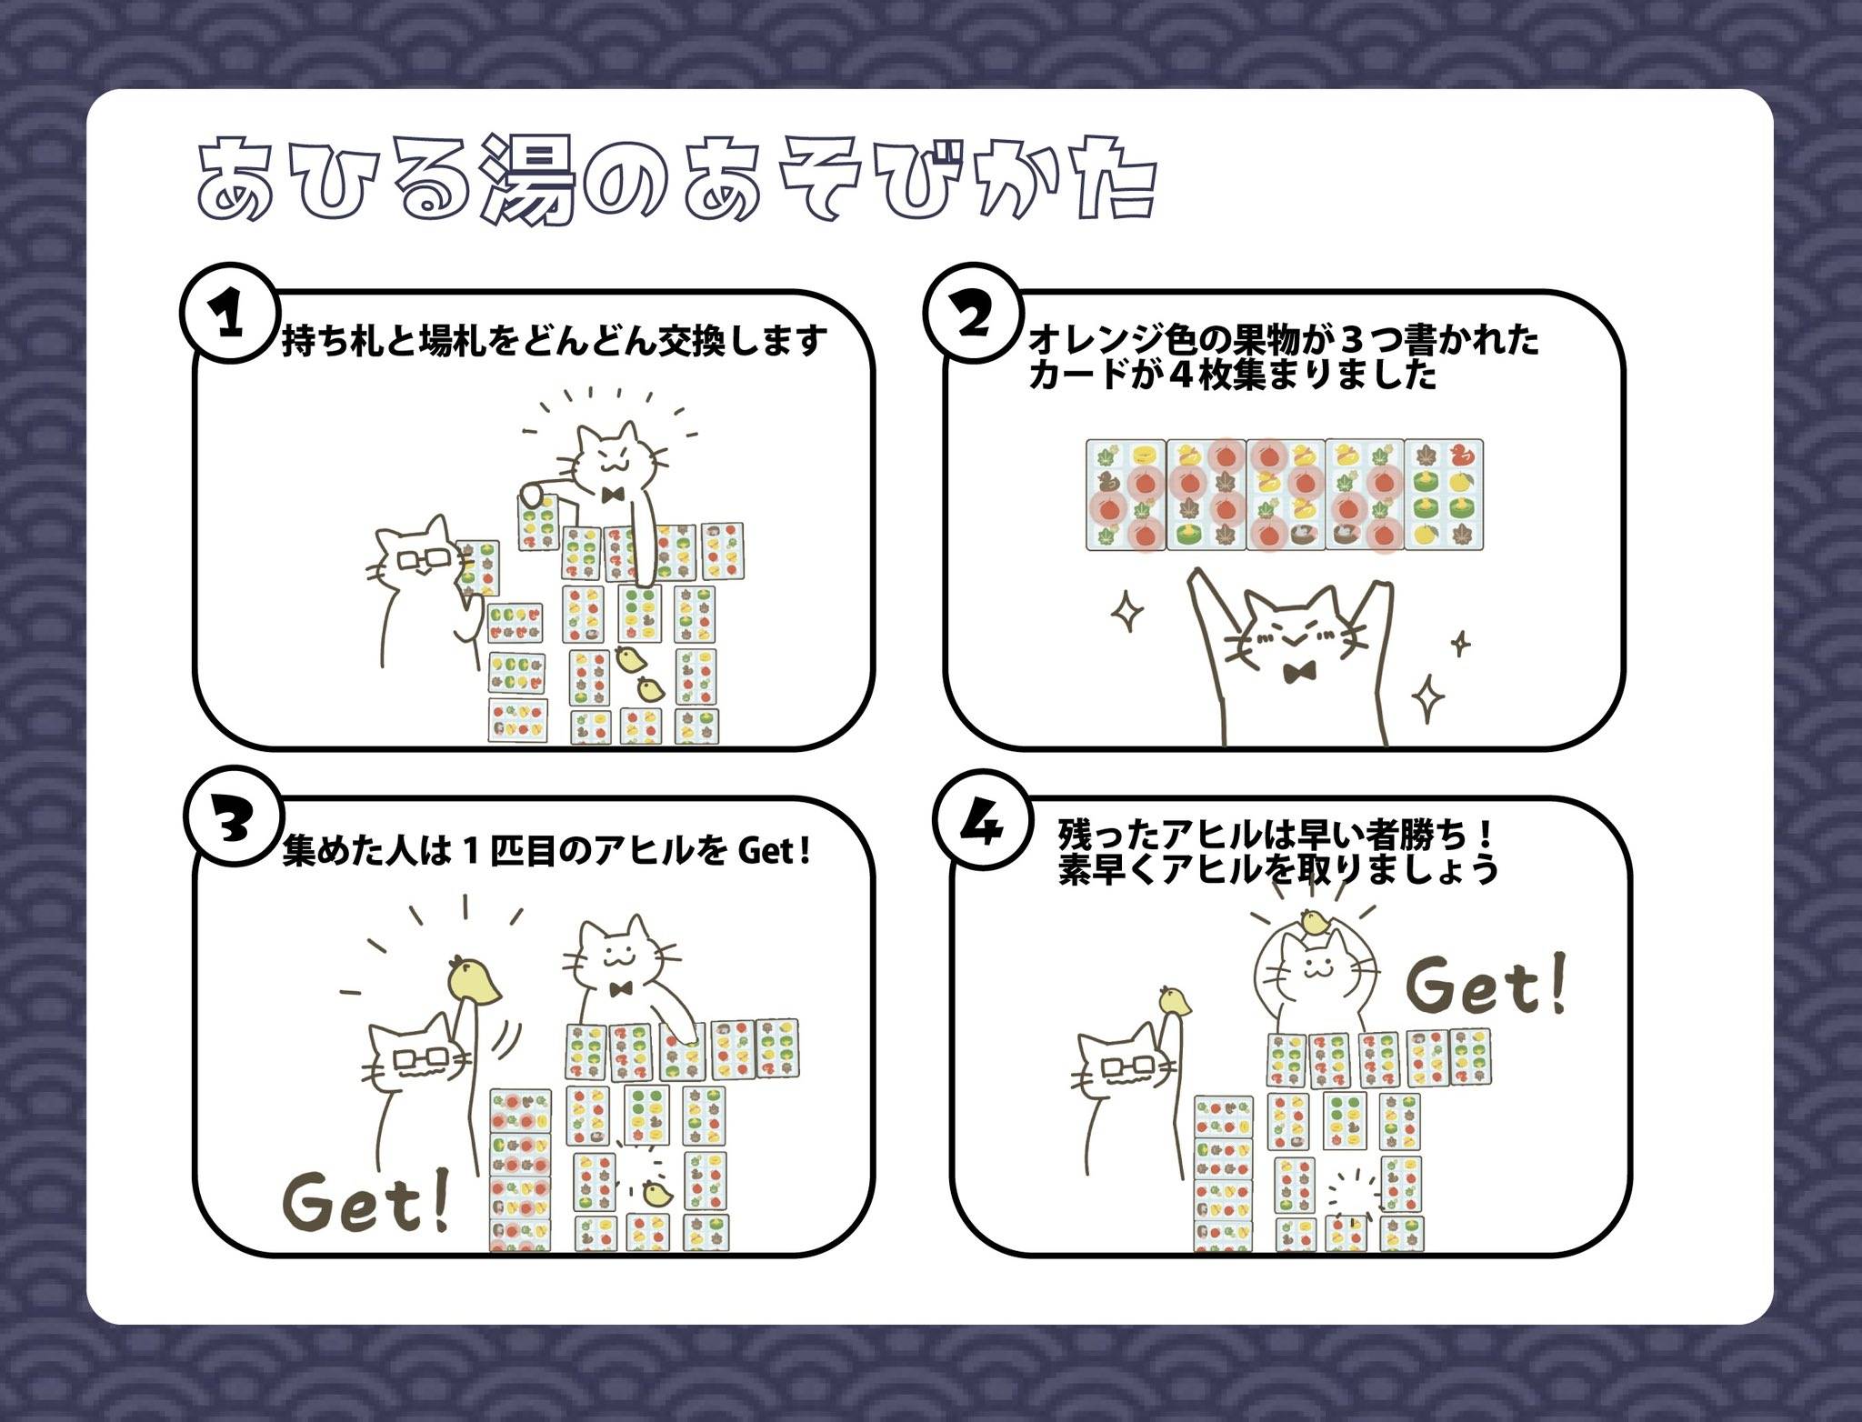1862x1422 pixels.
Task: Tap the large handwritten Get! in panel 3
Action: pos(366,1203)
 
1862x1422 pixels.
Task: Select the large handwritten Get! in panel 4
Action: pos(1487,985)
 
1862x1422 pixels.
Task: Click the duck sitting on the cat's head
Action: pos(1315,922)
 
